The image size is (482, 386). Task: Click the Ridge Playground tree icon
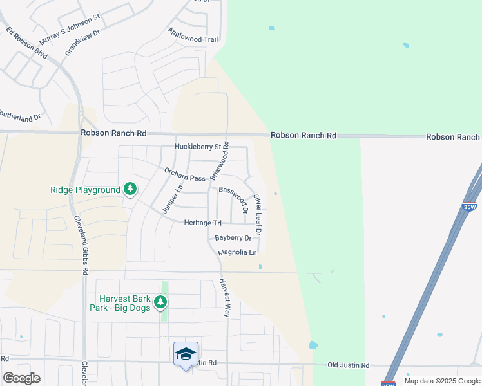[x=131, y=188]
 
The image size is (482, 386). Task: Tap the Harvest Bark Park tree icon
[x=160, y=301]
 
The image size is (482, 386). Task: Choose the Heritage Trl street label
[x=202, y=223]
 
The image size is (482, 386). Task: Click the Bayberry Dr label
[x=233, y=238]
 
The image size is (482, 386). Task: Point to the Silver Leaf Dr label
[x=258, y=214]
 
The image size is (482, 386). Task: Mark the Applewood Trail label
[x=193, y=35]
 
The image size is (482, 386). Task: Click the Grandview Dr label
[x=82, y=42]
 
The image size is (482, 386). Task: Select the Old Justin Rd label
[x=348, y=365]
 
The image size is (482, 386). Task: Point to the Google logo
[x=21, y=378]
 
